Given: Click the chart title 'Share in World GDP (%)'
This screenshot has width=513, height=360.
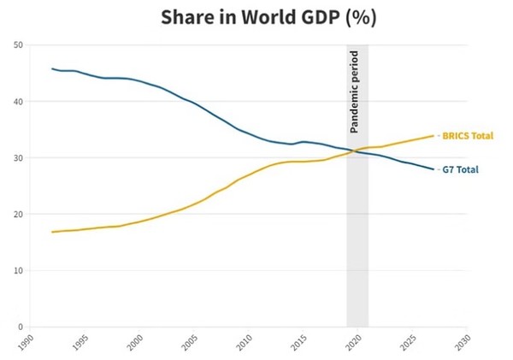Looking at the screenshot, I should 256,17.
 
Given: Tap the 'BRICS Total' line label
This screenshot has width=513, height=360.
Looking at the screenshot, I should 468,136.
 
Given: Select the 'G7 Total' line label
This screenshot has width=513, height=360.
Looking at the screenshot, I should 460,169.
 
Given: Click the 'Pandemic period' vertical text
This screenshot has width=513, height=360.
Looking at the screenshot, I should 355,91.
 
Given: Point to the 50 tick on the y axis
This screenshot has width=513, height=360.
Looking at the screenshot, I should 19,45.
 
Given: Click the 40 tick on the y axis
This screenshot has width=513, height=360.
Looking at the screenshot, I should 19,102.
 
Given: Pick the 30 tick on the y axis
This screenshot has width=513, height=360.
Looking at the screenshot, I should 19,158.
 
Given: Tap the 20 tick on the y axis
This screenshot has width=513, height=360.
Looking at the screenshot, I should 19,215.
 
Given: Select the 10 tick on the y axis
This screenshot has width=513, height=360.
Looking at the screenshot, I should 19,271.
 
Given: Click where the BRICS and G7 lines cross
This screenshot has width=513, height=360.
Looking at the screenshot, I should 354,150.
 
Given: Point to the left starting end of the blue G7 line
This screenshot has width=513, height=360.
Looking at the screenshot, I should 52,68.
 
